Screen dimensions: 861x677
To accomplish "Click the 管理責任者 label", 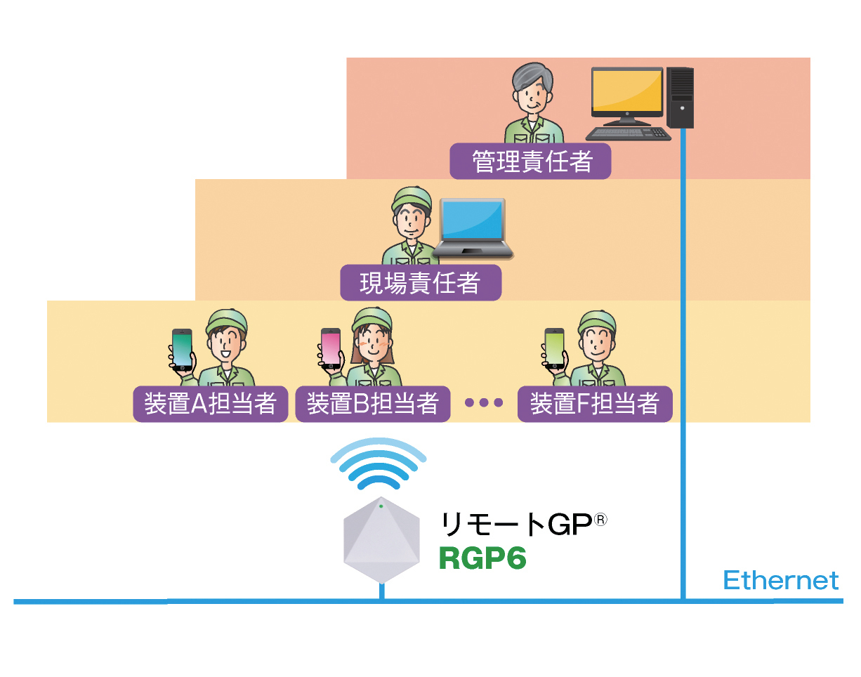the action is pyautogui.click(x=530, y=161).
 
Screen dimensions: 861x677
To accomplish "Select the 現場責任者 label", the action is pyautogui.click(x=421, y=282).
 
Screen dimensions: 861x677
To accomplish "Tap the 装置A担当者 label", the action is pyautogui.click(x=211, y=404).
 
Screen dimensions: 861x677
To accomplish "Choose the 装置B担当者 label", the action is pyautogui.click(x=372, y=404).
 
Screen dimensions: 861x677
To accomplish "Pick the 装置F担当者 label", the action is pyautogui.click(x=595, y=404).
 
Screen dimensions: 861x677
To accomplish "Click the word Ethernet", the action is pyautogui.click(x=780, y=580).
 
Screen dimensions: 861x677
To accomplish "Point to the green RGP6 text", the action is pyautogui.click(x=482, y=558).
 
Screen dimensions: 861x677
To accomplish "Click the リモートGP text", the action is pyautogui.click(x=523, y=524).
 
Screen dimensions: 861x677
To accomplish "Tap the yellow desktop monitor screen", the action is pyautogui.click(x=627, y=91).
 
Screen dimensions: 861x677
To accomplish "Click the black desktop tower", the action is pyautogui.click(x=680, y=98).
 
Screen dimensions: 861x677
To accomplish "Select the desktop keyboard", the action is pyautogui.click(x=628, y=133).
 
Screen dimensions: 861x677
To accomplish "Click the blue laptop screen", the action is pyautogui.click(x=472, y=220).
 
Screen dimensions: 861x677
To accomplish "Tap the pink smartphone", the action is pyautogui.click(x=331, y=348).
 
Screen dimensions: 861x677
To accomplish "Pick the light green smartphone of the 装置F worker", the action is pyautogui.click(x=555, y=348).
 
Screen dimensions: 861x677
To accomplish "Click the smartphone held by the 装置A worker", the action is pyautogui.click(x=182, y=349).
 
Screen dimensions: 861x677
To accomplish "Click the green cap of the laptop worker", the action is pyautogui.click(x=412, y=198).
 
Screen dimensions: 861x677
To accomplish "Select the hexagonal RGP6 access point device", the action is pyautogui.click(x=381, y=540).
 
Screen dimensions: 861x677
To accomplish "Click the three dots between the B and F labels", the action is pyautogui.click(x=484, y=402).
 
